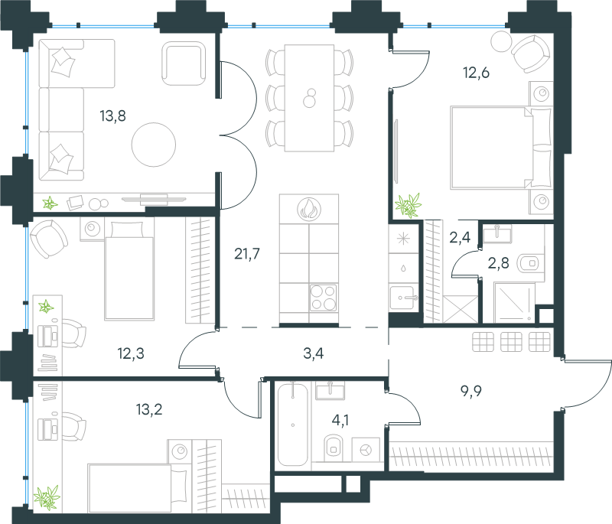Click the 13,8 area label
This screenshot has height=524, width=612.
click(112, 116)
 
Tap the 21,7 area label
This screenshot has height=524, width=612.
click(247, 254)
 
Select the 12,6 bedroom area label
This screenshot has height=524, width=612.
click(476, 73)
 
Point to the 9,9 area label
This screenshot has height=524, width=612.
click(471, 391)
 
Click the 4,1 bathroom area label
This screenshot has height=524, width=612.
click(340, 420)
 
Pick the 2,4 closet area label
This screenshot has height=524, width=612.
click(460, 237)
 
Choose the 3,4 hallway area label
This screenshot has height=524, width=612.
click(314, 353)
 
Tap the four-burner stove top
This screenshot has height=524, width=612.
click(323, 298)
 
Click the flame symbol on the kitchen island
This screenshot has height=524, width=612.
click(309, 209)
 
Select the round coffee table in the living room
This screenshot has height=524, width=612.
click(154, 145)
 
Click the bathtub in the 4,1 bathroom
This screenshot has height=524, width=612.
click(293, 424)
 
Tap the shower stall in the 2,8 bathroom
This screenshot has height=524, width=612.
click(514, 303)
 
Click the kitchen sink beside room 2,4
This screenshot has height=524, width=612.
click(402, 298)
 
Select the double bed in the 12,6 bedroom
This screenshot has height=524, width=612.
click(501, 148)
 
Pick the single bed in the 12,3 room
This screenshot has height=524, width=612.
click(129, 270)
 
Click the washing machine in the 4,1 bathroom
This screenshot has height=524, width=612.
click(366, 450)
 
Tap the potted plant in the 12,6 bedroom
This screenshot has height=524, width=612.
click(409, 205)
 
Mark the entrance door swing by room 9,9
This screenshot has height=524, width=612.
click(587, 384)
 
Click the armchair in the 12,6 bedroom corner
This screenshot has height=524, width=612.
click(531, 54)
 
